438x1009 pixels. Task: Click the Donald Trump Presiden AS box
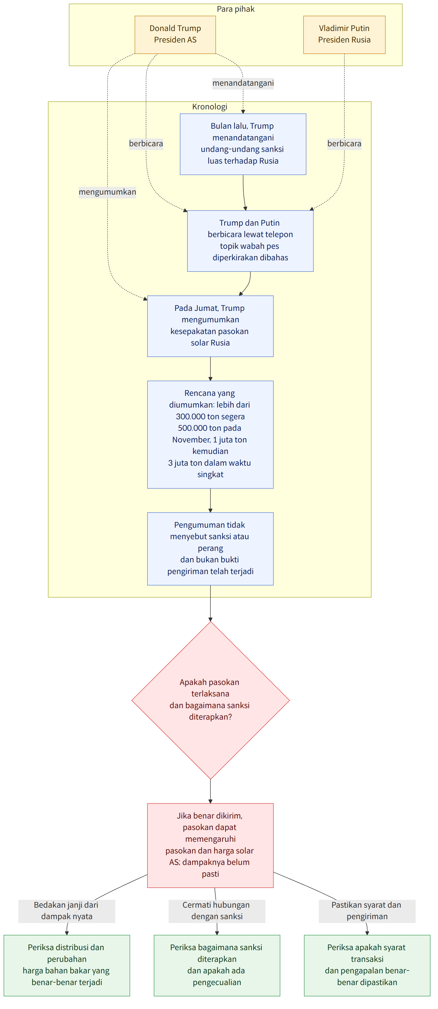click(175, 34)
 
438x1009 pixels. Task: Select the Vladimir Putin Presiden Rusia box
click(344, 34)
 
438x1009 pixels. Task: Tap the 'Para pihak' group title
click(236, 9)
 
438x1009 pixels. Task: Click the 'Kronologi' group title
click(210, 106)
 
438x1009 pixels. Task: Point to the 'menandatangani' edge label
click(243, 83)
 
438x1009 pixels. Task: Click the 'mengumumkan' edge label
click(108, 192)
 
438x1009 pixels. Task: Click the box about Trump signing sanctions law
click(243, 144)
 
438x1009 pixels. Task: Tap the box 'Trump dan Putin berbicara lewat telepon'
click(250, 241)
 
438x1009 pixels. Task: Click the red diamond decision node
click(211, 700)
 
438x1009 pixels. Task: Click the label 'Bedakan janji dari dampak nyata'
click(67, 911)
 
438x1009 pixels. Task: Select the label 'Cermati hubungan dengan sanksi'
click(217, 911)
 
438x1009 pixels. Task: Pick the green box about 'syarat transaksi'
click(367, 965)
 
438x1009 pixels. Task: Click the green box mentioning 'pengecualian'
click(217, 965)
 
